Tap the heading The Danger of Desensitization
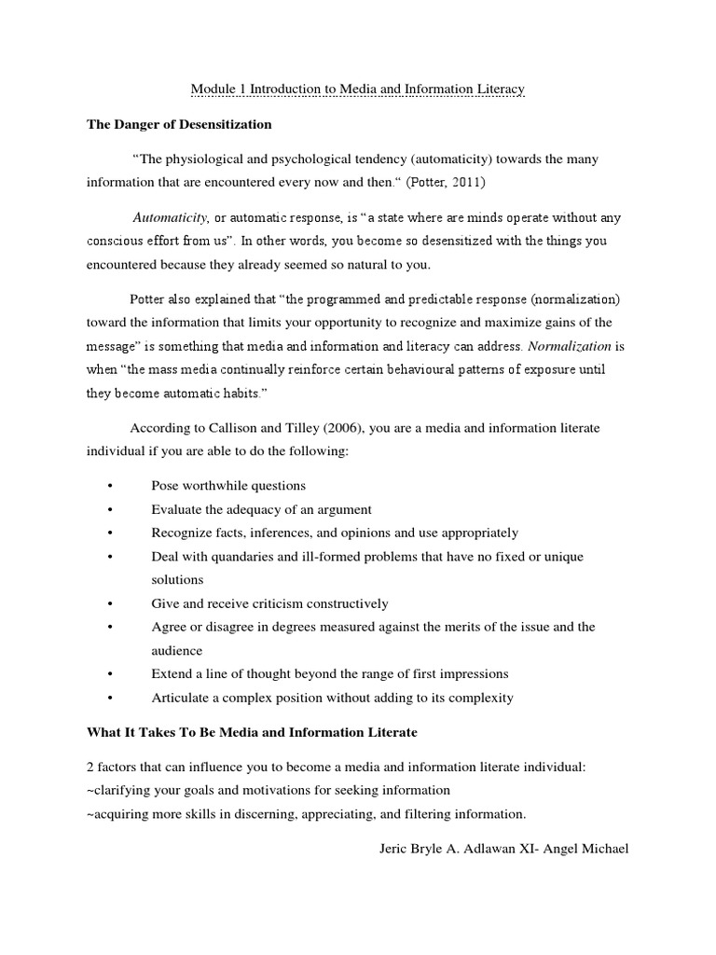(179, 124)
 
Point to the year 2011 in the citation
(466, 182)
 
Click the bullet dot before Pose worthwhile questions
(110, 486)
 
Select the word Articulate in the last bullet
(181, 697)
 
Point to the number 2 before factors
(89, 767)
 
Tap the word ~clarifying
(122, 790)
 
